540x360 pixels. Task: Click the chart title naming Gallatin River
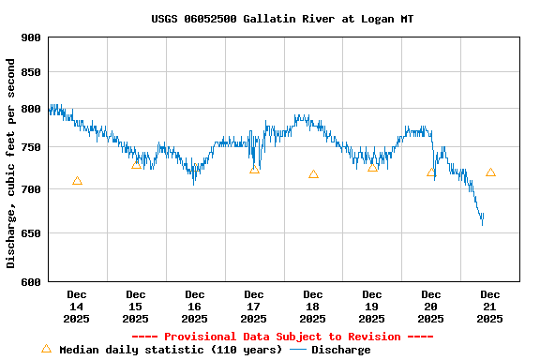282,19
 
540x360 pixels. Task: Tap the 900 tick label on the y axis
31,37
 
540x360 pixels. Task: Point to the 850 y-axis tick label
31,72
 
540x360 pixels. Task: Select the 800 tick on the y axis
31,109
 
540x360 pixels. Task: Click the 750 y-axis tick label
31,147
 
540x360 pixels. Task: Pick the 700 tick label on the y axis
31,189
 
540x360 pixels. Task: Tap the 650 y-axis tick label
31,233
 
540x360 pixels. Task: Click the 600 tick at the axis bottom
31,281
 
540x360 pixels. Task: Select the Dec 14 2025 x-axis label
77,307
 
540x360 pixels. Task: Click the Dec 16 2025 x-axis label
195,307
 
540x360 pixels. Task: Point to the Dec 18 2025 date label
313,307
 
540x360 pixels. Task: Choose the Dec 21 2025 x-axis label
490,307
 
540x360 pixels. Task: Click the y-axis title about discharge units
11,163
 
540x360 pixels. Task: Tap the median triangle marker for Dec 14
77,181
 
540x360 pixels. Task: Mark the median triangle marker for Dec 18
313,174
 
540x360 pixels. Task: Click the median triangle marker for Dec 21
490,172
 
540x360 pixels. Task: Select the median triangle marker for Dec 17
254,170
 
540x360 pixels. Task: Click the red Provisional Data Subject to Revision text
282,337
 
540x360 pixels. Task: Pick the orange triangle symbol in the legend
46,349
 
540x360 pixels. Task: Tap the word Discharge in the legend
340,350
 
